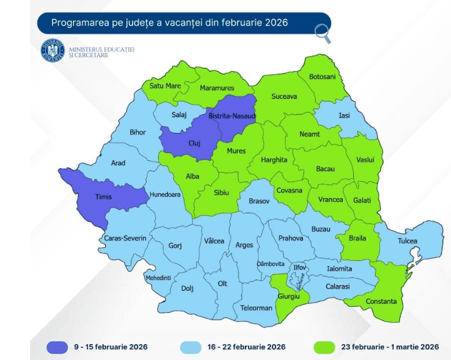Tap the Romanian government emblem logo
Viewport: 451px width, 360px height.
(53, 51)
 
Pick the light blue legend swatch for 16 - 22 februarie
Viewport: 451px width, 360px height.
(198, 346)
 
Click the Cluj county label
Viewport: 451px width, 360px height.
(194, 143)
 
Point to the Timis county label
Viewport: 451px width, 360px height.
(103, 197)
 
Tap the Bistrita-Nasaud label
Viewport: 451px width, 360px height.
(232, 116)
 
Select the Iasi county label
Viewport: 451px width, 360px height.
(343, 115)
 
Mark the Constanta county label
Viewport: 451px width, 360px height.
(381, 301)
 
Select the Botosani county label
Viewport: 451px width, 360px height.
(322, 76)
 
